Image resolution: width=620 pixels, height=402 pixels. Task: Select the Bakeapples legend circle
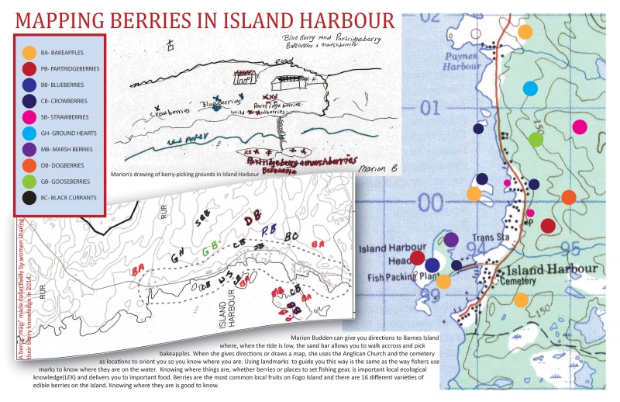pyautogui.click(x=29, y=53)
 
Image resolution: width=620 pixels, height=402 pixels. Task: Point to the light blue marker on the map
pyautogui.click(x=530, y=88)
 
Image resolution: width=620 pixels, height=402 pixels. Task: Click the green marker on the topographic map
pyautogui.click(x=536, y=140)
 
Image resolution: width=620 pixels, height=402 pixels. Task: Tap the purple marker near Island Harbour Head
pyautogui.click(x=451, y=239)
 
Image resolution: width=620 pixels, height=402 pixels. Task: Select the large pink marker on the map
pyautogui.click(x=579, y=126)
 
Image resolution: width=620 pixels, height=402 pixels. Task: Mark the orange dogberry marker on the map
pyautogui.click(x=568, y=197)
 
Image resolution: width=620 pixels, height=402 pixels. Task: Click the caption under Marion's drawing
pyautogui.click(x=185, y=174)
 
